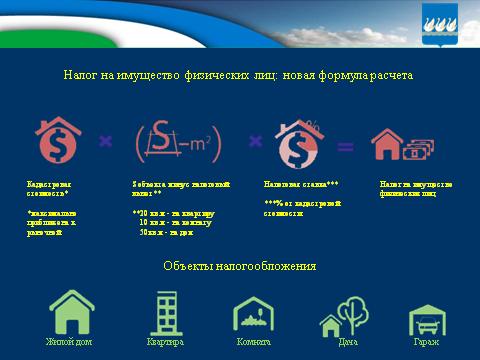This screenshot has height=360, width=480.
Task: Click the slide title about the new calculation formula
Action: coord(239,75)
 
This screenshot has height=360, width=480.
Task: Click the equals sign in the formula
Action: coord(345,147)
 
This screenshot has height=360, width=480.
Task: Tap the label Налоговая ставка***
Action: coord(301,185)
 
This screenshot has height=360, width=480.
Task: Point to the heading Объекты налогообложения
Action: coord(240,266)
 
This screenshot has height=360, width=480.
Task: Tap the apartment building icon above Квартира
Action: coord(164,312)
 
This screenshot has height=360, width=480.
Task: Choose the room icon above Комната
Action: coord(253,314)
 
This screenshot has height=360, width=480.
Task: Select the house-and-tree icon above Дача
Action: coord(345,315)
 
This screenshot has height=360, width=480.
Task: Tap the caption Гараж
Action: coord(425,342)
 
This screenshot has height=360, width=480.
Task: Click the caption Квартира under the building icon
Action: coord(164,342)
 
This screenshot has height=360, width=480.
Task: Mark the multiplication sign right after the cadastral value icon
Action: coord(104,142)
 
